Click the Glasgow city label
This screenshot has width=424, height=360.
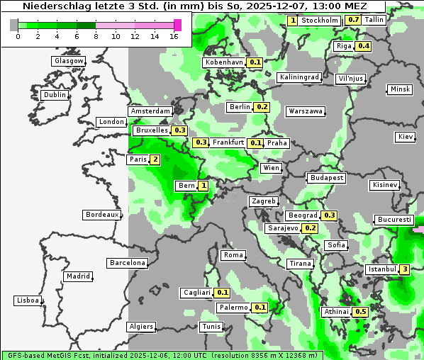(x=69, y=61)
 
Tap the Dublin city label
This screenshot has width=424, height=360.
(x=55, y=95)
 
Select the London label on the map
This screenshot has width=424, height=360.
(x=111, y=122)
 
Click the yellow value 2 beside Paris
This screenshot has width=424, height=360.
(x=155, y=159)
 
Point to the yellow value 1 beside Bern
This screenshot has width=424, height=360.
(x=203, y=186)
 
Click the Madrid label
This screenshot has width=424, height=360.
(x=77, y=276)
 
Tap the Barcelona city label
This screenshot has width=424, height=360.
(x=127, y=263)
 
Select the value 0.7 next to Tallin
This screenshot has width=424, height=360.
(x=354, y=20)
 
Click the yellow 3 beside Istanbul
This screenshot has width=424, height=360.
(x=404, y=269)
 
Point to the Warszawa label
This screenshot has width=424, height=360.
(x=306, y=111)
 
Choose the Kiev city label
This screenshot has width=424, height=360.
(x=406, y=136)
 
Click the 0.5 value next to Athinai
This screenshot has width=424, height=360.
(x=360, y=312)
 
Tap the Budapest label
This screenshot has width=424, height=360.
(x=326, y=177)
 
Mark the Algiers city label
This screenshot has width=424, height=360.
(x=140, y=327)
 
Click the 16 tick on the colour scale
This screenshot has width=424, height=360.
(x=174, y=36)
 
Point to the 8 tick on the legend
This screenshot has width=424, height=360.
(x=96, y=36)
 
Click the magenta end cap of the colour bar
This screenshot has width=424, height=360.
(x=177, y=25)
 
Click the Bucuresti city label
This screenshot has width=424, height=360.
(x=394, y=220)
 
